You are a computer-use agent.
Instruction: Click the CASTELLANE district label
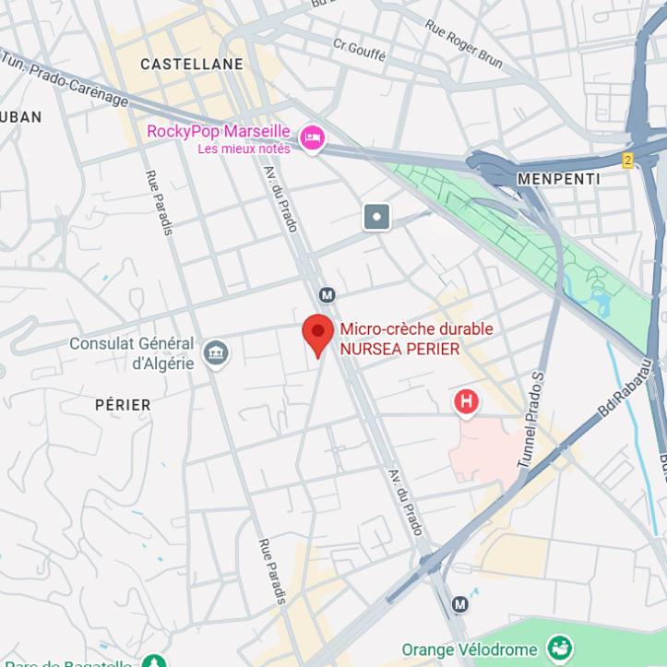[192, 65]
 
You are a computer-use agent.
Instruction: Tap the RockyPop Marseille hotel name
[218, 132]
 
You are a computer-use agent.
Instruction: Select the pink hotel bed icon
[313, 139]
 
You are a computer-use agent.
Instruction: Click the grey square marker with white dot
[376, 217]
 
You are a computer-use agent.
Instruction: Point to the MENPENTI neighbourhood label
[559, 179]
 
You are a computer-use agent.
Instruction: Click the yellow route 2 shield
[628, 161]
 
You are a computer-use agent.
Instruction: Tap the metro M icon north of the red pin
[327, 294]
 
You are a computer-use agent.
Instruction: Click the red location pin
[318, 334]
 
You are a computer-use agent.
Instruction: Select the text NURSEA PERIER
[399, 350]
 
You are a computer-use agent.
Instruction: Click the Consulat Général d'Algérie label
[132, 353]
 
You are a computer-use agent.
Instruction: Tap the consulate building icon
[216, 352]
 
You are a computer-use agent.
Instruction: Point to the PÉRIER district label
[123, 405]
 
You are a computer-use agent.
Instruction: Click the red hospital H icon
[467, 401]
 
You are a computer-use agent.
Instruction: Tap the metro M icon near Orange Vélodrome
[459, 604]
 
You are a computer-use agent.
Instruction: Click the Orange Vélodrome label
[470, 649]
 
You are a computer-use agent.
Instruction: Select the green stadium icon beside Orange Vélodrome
[559, 648]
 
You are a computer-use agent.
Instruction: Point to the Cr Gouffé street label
[359, 49]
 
